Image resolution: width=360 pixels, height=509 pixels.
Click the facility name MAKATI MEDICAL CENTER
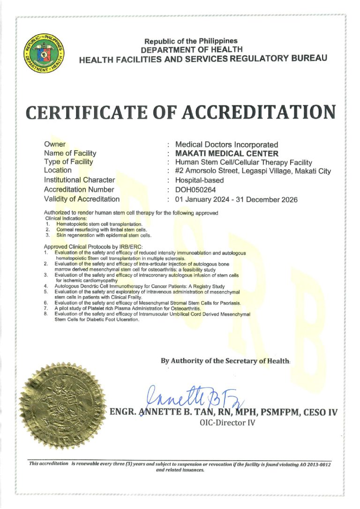click(226, 153)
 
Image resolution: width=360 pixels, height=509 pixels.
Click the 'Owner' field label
click(55, 144)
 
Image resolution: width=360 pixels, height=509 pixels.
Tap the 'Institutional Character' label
click(79, 180)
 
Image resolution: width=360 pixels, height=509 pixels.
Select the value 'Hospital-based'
click(199, 180)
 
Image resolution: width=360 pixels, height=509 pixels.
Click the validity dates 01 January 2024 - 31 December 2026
click(236, 199)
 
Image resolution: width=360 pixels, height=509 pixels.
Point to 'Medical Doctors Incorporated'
click(226, 144)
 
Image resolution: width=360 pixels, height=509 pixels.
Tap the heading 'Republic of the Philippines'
click(191, 41)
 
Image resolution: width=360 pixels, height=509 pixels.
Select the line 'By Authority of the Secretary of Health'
click(225, 361)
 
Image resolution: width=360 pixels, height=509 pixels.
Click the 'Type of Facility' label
click(68, 162)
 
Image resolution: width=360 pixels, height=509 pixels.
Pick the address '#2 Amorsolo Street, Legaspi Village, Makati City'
click(253, 171)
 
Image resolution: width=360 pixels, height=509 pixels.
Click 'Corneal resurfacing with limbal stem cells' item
click(102, 230)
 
